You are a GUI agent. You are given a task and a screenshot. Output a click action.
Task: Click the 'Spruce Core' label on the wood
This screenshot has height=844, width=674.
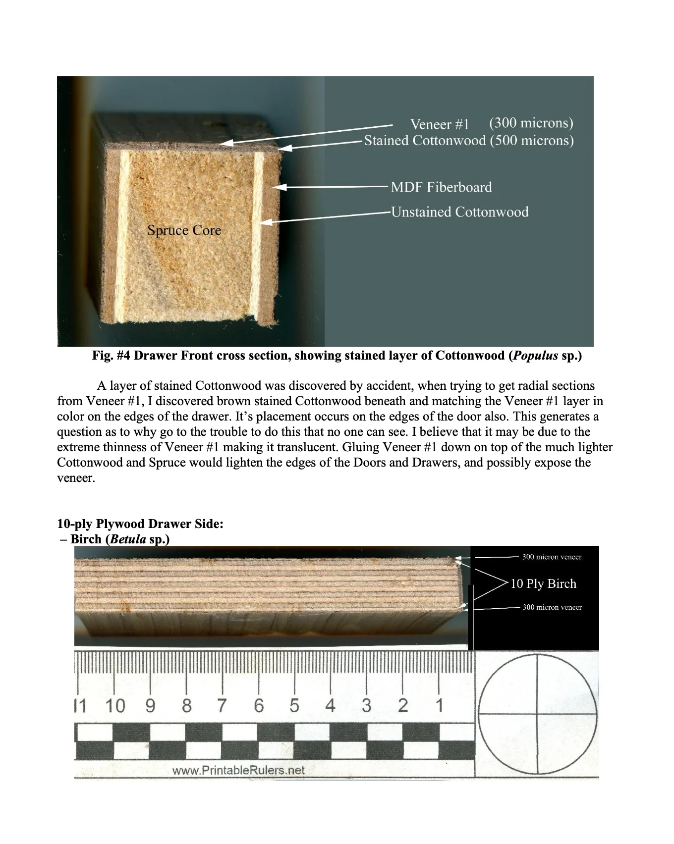[184, 230]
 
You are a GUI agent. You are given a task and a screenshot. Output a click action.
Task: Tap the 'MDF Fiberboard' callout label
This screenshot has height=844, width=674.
[441, 187]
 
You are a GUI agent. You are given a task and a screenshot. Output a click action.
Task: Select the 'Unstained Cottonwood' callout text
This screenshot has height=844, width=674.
[459, 212]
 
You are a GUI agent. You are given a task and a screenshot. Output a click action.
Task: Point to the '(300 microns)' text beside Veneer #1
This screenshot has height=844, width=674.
[531, 123]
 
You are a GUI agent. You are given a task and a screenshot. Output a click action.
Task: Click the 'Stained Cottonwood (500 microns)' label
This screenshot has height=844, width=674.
[469, 141]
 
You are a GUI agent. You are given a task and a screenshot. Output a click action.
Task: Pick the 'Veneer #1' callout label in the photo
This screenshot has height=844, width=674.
[440, 124]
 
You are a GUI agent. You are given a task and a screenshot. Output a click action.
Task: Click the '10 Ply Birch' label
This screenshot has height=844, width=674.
[543, 583]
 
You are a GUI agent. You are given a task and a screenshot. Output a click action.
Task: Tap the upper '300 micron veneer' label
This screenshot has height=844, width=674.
[552, 557]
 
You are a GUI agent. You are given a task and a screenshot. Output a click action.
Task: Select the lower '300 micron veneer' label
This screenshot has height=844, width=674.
[552, 607]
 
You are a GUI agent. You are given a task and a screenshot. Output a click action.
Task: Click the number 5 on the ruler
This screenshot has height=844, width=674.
[294, 705]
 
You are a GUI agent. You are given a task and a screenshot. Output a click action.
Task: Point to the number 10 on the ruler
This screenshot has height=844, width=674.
[115, 705]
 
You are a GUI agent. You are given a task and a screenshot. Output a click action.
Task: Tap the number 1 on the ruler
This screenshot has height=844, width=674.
[439, 705]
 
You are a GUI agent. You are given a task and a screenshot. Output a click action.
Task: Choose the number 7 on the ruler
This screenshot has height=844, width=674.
[222, 705]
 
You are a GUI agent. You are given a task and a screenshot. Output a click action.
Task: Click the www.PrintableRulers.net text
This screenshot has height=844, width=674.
[238, 770]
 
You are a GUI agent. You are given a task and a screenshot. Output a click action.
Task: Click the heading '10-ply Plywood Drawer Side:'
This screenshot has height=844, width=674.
[140, 524]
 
